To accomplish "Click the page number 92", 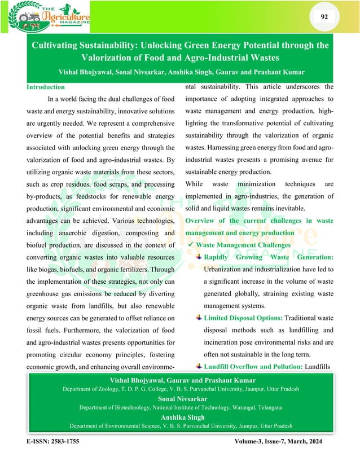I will coord(324,17).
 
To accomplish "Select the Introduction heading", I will coord(46,87).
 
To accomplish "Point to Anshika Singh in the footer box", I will coord(180,417).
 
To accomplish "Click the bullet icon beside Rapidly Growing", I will coord(198,257).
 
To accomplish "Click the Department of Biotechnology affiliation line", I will coord(180,407).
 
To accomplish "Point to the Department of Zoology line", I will coord(180,389).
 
